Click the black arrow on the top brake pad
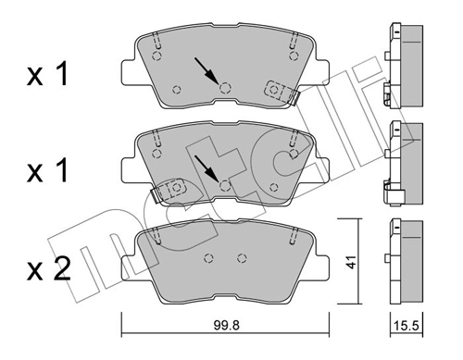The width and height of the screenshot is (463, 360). [206, 70]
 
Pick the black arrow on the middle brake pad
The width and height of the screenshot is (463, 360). [206, 168]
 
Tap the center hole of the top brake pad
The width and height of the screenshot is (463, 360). [225, 87]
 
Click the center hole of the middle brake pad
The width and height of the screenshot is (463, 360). [225, 184]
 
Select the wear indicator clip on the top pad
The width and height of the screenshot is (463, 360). [279, 91]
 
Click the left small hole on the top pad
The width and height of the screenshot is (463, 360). [177, 89]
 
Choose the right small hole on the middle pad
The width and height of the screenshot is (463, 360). [273, 186]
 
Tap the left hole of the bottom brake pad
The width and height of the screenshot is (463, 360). [208, 258]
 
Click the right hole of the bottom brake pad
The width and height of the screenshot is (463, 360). [242, 258]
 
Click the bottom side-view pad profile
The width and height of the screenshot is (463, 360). [403, 261]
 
